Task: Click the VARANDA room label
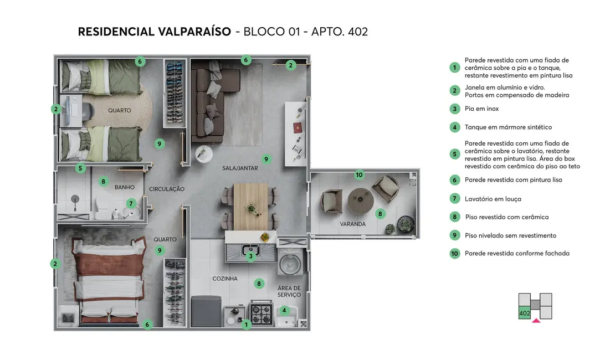[353, 224]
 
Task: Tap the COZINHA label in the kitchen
[225, 279]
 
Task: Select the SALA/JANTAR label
[240, 168]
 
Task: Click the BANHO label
[125, 188]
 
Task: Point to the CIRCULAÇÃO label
[167, 189]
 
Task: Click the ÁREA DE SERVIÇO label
[289, 291]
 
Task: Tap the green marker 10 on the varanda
[359, 175]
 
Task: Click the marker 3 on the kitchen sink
[250, 256]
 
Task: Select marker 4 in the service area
[284, 311]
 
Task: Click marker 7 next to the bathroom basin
[131, 203]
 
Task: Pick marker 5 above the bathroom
[80, 168]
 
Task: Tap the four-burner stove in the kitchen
[261, 314]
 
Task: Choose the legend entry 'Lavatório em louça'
[493, 199]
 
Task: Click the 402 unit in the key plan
[524, 313]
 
